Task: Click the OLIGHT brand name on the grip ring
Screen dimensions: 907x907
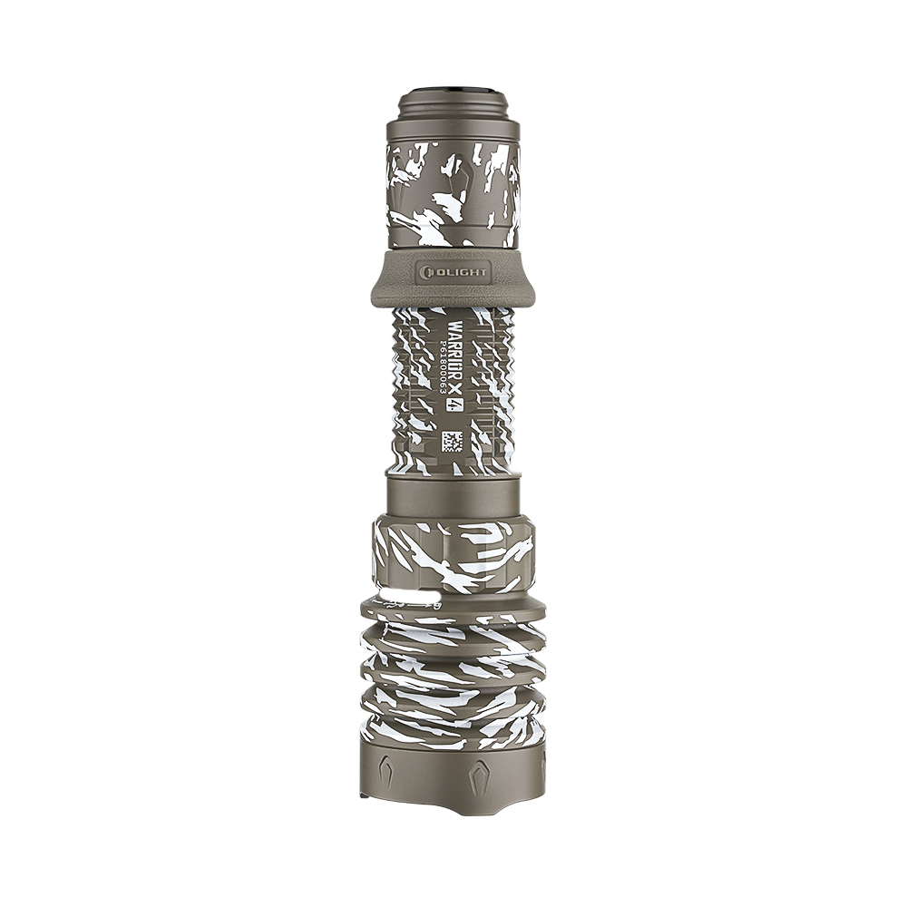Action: click(463, 271)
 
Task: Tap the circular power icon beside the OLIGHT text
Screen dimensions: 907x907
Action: click(426, 271)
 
